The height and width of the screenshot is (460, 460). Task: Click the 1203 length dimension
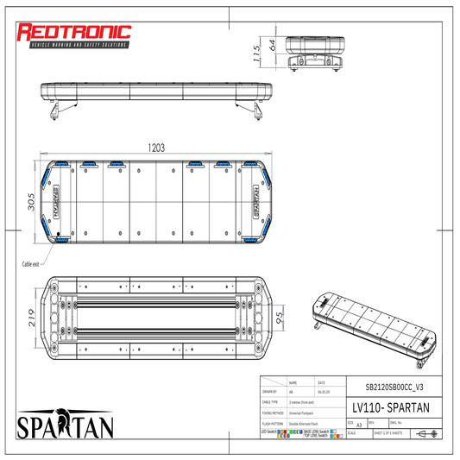point(155,148)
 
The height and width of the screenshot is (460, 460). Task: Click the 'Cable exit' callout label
point(29,264)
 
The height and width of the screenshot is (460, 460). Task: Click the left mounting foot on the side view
point(57,110)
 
